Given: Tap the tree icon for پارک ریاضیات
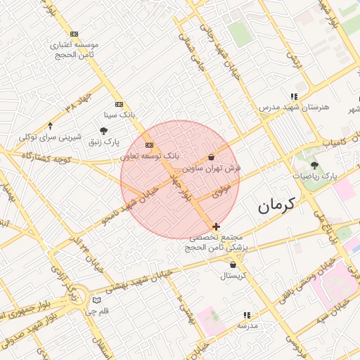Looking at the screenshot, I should pyautogui.click(x=314, y=165).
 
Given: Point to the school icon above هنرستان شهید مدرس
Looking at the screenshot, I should pyautogui.click(x=294, y=96).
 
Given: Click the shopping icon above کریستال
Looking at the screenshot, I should pyautogui.click(x=233, y=265).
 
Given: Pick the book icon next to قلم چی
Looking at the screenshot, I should pyautogui.click(x=96, y=300).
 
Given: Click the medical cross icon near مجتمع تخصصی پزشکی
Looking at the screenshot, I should pyautogui.click(x=216, y=226).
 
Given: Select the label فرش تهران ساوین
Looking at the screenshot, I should pyautogui.click(x=212, y=169).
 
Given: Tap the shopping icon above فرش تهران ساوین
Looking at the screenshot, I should pyautogui.click(x=212, y=157).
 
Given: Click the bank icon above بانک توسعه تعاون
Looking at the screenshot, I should pyautogui.click(x=148, y=145).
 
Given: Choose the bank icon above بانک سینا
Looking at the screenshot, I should pyautogui.click(x=118, y=103).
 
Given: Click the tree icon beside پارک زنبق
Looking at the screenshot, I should pyautogui.click(x=104, y=130).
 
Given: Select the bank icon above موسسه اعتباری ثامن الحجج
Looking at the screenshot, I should pyautogui.click(x=75, y=34).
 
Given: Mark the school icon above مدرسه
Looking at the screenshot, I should pyautogui.click(x=247, y=315).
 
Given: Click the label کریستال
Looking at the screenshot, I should pyautogui.click(x=233, y=276).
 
